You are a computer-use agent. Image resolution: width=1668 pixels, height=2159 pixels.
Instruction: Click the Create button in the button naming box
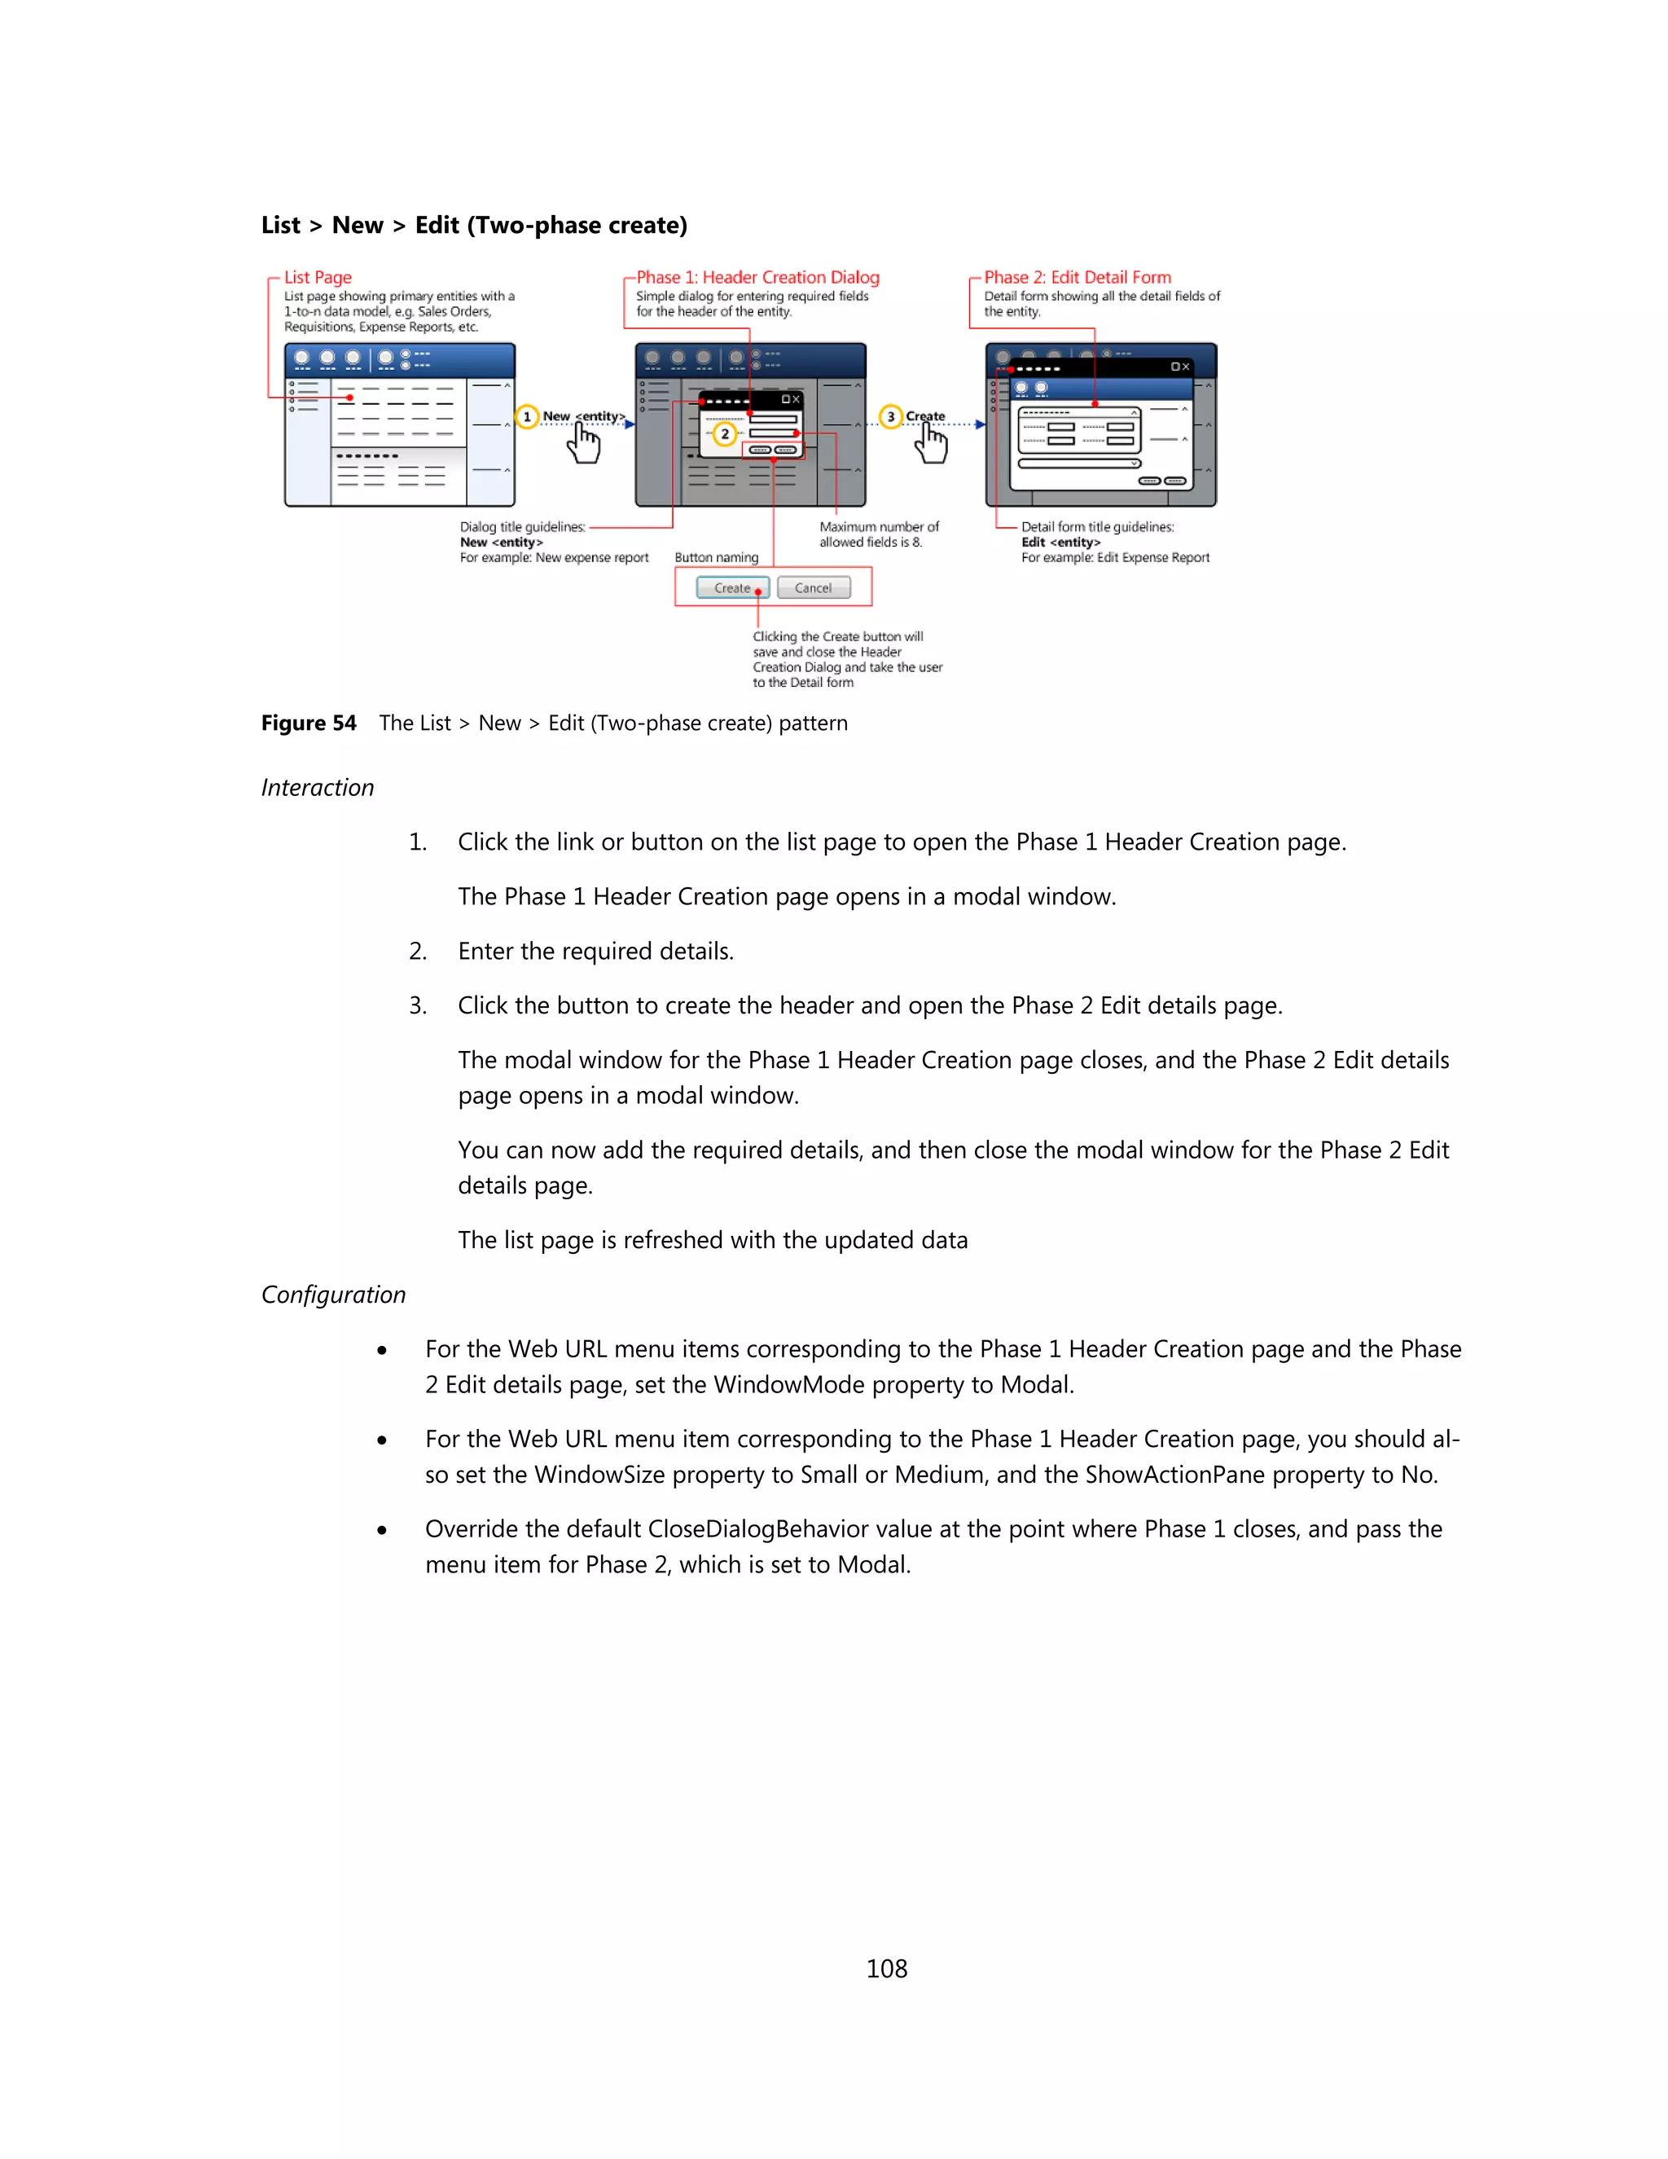click(x=732, y=587)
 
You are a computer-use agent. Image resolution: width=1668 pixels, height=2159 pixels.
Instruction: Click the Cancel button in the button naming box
click(x=814, y=587)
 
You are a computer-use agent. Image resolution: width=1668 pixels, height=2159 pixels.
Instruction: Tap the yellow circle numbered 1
click(x=527, y=416)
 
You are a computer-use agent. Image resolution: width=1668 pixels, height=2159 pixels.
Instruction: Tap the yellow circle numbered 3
click(x=890, y=416)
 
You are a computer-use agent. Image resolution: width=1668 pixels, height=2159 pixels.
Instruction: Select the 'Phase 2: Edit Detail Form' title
click(x=1077, y=277)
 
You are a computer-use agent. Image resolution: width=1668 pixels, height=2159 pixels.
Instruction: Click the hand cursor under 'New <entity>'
click(x=584, y=444)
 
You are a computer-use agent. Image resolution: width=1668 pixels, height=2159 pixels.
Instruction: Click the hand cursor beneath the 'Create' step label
click(x=931, y=444)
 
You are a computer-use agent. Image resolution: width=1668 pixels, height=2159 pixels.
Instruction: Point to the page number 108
click(x=886, y=1968)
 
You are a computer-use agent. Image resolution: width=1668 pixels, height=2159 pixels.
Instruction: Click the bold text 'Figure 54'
click(x=309, y=723)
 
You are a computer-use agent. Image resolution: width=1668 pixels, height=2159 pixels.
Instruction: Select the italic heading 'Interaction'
click(x=317, y=787)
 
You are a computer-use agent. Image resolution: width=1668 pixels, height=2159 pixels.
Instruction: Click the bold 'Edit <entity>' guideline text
click(x=1060, y=542)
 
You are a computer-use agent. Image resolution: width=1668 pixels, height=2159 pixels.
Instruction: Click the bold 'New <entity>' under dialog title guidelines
click(x=501, y=542)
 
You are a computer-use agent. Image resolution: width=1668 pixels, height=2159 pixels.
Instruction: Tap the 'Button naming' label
click(x=717, y=557)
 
